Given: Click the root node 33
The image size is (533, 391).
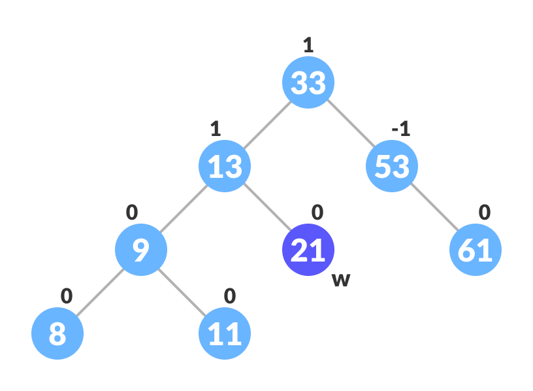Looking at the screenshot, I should tap(308, 82).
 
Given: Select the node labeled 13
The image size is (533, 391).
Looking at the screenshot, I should tap(225, 166).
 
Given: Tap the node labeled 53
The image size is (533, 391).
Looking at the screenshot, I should tap(392, 166).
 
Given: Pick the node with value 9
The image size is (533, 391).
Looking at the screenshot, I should tap(141, 250).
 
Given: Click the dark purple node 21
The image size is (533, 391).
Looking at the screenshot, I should tap(308, 250).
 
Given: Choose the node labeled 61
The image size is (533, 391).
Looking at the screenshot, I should tap(476, 250).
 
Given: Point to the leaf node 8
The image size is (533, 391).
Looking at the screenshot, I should tap(57, 333).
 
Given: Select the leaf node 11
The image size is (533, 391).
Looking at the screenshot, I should tap(225, 333).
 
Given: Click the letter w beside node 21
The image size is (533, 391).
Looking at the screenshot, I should tap(341, 280).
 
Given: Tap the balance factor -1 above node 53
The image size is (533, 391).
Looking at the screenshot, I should tap(400, 129).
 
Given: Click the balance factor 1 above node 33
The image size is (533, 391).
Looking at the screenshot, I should tap(308, 45).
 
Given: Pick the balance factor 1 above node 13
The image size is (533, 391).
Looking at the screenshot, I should tap(216, 129).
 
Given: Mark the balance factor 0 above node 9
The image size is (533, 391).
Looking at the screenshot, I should tap(132, 212).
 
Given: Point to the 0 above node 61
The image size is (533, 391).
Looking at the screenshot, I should tap(484, 212).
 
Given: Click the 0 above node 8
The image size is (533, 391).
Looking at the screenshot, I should tap(67, 296).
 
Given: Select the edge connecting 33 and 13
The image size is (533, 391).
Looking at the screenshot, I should tap(266, 124).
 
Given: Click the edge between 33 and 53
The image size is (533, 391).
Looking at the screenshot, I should tap(350, 124).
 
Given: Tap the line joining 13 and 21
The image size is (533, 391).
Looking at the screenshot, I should tap(266, 208).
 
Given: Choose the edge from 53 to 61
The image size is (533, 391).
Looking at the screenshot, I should tap(434, 208).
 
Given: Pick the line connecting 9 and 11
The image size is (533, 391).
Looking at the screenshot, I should tap(183, 292).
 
